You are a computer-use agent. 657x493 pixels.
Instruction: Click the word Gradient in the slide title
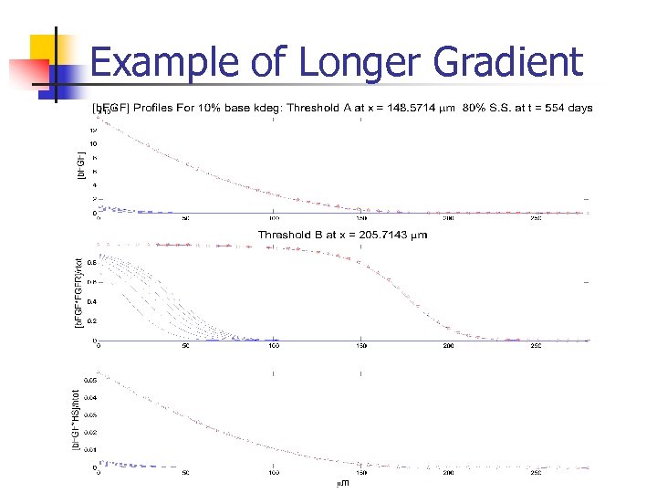(507, 63)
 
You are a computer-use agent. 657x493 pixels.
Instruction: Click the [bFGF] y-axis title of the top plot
(80, 164)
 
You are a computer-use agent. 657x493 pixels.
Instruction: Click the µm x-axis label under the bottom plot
(342, 484)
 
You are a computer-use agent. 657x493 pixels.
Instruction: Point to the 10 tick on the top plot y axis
(93, 143)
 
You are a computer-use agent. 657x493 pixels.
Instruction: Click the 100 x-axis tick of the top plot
(274, 219)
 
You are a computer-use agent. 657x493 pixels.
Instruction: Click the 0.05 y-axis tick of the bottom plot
(89, 379)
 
